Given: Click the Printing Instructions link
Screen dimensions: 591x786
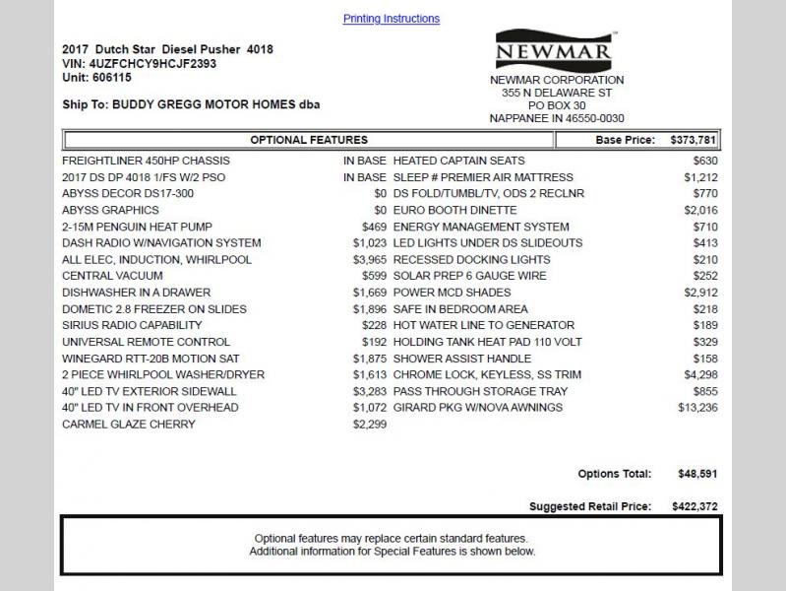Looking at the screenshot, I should click(391, 19).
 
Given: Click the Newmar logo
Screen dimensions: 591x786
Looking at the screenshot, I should click(554, 50).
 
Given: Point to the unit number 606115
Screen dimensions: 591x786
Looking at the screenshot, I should click(111, 77).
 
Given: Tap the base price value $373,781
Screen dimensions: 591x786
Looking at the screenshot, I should click(694, 140).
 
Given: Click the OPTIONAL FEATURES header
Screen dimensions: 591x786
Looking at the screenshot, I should click(309, 140).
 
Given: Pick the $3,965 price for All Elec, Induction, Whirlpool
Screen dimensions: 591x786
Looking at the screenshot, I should click(370, 260).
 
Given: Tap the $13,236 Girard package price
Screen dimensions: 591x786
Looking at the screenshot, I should click(697, 408).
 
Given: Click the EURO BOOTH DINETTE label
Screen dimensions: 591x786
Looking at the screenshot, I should click(454, 210).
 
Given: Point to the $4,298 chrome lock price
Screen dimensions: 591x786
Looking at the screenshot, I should click(700, 374).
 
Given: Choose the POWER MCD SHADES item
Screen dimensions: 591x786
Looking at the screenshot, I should click(452, 293).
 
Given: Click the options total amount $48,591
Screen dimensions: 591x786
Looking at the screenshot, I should click(697, 474).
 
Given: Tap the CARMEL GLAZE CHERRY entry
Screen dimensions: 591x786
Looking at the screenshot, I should click(129, 425).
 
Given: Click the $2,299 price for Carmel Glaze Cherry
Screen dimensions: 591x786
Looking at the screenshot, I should click(370, 425).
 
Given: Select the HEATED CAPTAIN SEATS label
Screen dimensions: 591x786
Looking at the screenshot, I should click(458, 161).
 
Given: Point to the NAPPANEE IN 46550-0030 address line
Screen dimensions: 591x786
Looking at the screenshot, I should click(557, 118).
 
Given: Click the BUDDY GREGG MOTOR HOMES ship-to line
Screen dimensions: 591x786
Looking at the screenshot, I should click(191, 104).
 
